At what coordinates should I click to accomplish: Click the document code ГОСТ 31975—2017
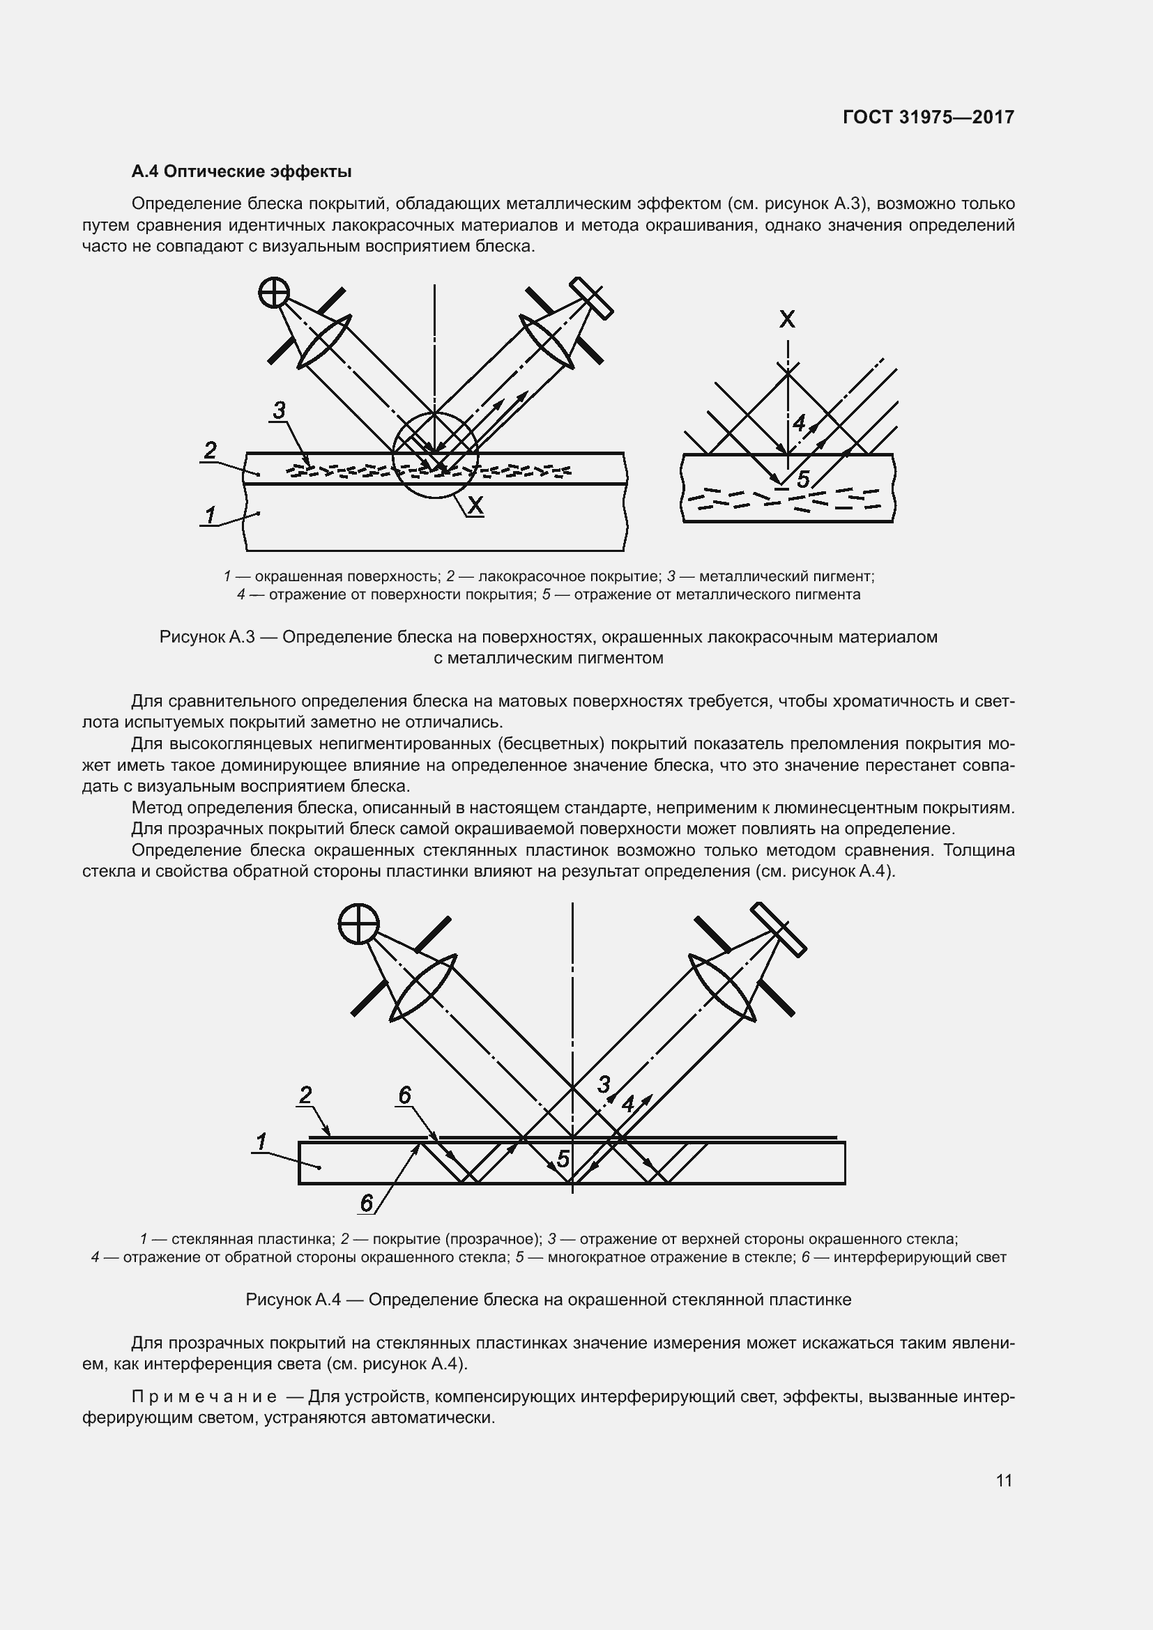[928, 117]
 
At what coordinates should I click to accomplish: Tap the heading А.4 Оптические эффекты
[241, 172]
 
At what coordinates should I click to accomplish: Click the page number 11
[1003, 1480]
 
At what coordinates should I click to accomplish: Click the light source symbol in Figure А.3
[273, 292]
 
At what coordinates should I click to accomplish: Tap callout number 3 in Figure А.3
[279, 410]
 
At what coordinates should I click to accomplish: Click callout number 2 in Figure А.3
[210, 450]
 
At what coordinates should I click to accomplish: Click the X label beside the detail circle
[475, 505]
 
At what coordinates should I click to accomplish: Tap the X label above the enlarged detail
[786, 319]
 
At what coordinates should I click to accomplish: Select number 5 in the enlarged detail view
[803, 480]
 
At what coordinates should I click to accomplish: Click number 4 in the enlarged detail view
[799, 423]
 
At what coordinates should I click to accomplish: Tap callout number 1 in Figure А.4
[261, 1142]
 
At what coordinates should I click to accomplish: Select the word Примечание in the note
[204, 1397]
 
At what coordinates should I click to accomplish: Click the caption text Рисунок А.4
[293, 1300]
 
